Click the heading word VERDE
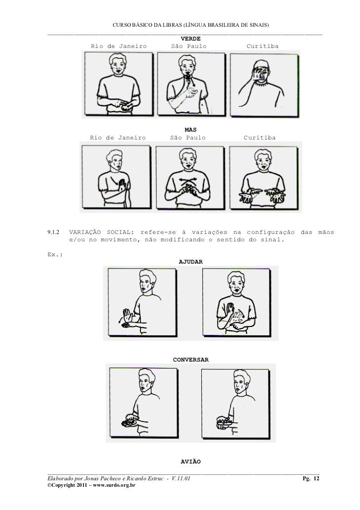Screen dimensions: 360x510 pos(190,39)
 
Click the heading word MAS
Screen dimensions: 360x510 pos(190,130)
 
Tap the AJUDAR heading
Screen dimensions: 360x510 pos(190,262)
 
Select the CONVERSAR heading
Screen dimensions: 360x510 pos(190,360)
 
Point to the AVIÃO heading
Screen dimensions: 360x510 pos(190,462)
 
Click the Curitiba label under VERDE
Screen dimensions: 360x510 pos(263,46)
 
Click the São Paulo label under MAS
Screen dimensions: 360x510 pos(187,138)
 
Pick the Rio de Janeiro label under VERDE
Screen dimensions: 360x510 pos(119,46)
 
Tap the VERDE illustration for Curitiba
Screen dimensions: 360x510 pos(264,85)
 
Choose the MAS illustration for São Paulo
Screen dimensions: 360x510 pos(190,178)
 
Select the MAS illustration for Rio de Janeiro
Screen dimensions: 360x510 pos(116,177)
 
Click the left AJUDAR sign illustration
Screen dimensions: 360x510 pos(142,302)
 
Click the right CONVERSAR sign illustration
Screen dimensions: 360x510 pos(235,404)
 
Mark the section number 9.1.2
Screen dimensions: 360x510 pos(53,232)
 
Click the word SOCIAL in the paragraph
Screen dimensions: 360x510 pos(120,232)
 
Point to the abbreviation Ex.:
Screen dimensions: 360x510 pos(55,254)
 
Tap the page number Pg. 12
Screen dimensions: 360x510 pos(311,478)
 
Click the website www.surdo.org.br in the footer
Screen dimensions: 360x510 pos(114,485)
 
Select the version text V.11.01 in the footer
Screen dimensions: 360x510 pos(180,478)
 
